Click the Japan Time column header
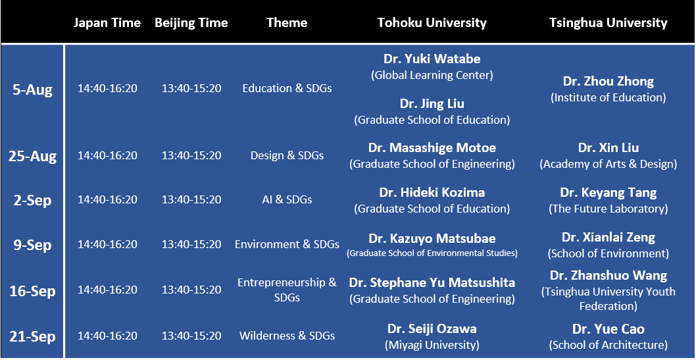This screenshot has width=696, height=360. coord(107,22)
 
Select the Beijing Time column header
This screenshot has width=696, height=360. coord(191,22)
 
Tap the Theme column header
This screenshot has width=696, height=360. coord(287,22)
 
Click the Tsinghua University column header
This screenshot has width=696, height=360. coord(608,22)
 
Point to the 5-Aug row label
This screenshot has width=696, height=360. coord(32,90)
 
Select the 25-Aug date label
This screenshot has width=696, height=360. coord(32,157)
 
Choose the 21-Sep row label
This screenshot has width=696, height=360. coord(32,336)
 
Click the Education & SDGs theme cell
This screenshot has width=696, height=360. coord(287,88)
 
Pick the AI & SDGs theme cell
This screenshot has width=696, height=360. coord(287,200)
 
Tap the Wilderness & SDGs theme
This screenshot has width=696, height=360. coord(287,336)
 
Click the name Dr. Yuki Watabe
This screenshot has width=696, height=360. coord(432,59)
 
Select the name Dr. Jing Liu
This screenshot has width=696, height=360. coord(432,103)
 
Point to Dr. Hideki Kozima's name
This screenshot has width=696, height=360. coord(432,192)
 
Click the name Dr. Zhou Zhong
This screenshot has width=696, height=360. coord(608,81)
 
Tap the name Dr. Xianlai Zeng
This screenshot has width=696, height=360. coord(608,237)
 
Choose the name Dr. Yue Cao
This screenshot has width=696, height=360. coord(608,329)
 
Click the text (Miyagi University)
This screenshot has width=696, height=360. coord(432,345)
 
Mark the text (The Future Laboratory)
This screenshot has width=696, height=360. coord(608,209)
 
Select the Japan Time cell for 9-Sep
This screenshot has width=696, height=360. coord(107,245)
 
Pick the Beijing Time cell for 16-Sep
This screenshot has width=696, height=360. coord(191,290)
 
